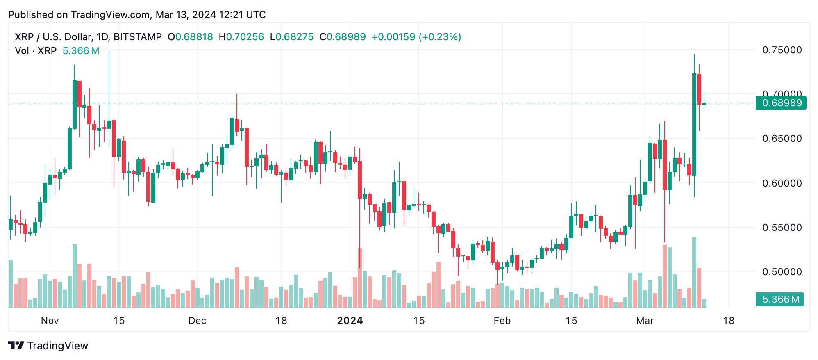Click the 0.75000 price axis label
(782, 50)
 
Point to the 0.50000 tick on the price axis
(782, 272)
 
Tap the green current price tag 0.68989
(781, 103)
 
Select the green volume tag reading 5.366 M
(780, 299)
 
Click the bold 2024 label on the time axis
(350, 321)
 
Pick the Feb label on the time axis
(502, 321)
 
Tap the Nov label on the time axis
(50, 321)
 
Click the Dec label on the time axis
(197, 321)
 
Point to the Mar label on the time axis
(645, 321)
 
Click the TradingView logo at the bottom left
(48, 346)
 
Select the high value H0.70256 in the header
(241, 37)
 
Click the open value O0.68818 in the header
(191, 37)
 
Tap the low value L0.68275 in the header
(292, 37)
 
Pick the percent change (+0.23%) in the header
(440, 37)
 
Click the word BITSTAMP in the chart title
(138, 37)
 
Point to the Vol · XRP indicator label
(36, 51)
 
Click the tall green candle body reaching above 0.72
(694, 123)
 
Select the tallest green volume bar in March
(694, 272)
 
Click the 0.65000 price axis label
(782, 139)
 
